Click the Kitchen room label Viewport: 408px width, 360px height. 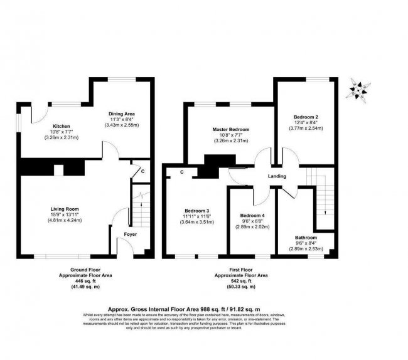pyautogui.click(x=61, y=126)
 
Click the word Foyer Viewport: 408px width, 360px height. pyautogui.click(x=130, y=235)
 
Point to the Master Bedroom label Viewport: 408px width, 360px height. pyautogui.click(x=230, y=130)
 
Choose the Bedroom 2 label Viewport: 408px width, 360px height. pyautogui.click(x=308, y=117)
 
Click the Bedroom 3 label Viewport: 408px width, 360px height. pyautogui.click(x=197, y=210)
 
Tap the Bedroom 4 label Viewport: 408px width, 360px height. pyautogui.click(x=253, y=216)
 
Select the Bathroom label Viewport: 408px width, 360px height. pyautogui.click(x=306, y=238)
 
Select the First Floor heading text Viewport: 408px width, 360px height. pyautogui.click(x=242, y=269)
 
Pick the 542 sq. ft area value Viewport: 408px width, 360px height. pyautogui.click(x=242, y=280)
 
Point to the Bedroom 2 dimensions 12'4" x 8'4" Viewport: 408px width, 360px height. pyautogui.click(x=308, y=123)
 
